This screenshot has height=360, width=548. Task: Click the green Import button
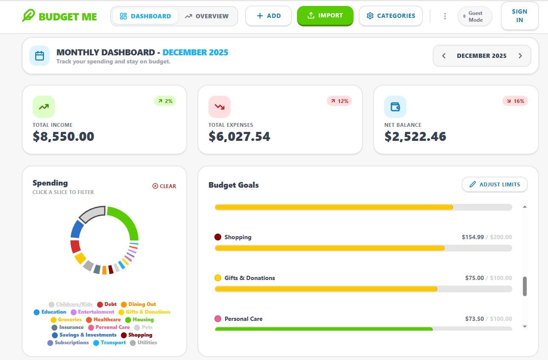(x=325, y=16)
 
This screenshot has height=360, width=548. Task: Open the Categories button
(x=391, y=16)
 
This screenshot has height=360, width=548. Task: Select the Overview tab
(x=207, y=16)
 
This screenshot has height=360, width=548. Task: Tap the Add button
(x=268, y=16)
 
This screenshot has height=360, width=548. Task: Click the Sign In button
(x=519, y=16)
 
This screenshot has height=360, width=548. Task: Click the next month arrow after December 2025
(x=520, y=56)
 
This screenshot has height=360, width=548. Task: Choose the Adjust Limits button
(x=494, y=185)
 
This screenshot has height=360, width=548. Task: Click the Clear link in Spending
(x=164, y=186)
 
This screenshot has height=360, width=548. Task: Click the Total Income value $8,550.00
(x=63, y=137)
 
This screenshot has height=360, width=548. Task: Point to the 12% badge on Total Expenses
(x=339, y=101)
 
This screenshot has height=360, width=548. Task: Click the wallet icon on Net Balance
(x=395, y=106)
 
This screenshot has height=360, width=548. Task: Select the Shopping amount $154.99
(x=472, y=237)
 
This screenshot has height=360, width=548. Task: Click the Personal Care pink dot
(x=218, y=319)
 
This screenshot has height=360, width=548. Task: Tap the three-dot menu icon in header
(x=445, y=16)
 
